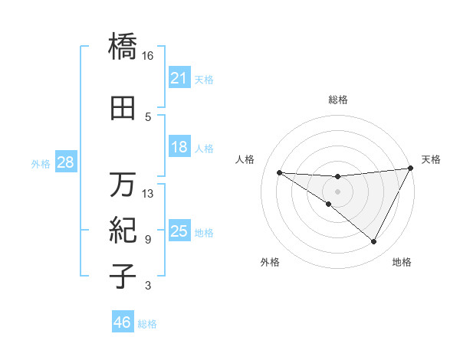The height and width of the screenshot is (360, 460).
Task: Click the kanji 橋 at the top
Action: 123,46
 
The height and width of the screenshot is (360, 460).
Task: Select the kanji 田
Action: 123,108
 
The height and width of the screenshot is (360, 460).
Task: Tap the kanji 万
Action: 123,185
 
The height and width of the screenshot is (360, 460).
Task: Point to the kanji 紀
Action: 123,229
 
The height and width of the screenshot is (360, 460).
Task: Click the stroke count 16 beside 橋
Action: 147,56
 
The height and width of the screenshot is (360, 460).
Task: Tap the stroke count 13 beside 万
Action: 147,194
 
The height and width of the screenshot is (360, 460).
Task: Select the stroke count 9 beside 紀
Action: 147,240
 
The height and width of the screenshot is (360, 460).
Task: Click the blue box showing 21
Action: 179,78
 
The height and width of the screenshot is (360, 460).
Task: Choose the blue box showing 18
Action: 179,147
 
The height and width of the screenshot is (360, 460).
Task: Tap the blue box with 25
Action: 179,231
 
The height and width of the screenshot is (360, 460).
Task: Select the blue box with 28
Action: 64,162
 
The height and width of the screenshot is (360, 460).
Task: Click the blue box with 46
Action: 123,322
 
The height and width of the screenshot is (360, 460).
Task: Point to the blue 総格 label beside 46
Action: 147,324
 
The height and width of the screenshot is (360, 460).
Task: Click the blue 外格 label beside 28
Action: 41,163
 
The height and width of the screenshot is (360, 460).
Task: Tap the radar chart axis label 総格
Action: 338,100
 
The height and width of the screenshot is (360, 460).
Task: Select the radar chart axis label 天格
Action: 431,159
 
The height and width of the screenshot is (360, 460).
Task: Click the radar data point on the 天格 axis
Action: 412,169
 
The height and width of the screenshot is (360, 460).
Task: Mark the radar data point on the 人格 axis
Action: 279,172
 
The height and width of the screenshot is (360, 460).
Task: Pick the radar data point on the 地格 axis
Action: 374,242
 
